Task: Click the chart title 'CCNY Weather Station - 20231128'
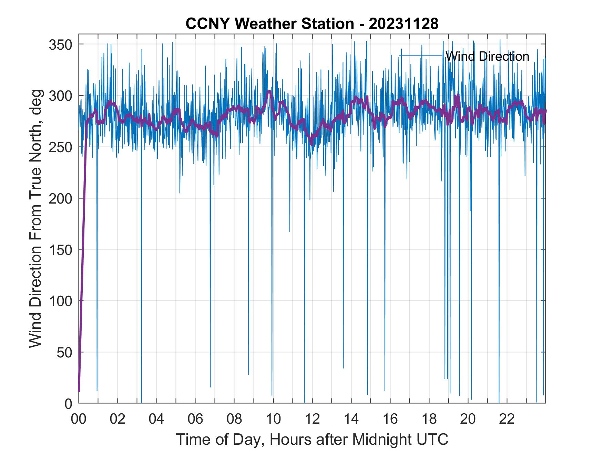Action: [x=312, y=24]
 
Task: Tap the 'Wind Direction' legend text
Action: [x=487, y=56]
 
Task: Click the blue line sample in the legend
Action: [x=421, y=56]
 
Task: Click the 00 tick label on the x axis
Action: [x=79, y=419]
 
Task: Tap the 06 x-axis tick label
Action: [x=195, y=419]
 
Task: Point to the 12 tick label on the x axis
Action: [x=312, y=419]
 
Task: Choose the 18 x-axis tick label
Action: [x=429, y=419]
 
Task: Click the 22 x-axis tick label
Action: [x=507, y=419]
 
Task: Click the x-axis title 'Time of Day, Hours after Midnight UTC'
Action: [x=312, y=440]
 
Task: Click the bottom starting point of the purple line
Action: [x=79, y=391]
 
